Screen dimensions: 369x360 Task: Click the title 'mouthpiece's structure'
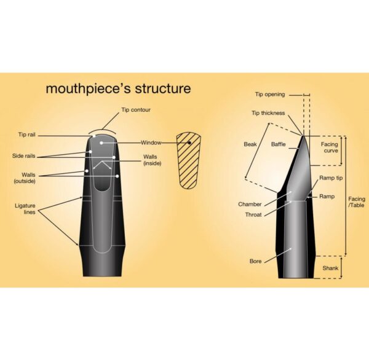118,88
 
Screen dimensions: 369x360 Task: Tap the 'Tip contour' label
136,110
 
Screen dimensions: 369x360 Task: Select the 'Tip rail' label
27,135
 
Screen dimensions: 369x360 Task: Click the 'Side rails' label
24,156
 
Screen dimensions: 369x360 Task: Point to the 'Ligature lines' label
25,209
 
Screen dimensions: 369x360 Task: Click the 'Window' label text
151,143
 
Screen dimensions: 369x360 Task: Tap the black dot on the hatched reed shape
189,143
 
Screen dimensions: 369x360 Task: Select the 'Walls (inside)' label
153,160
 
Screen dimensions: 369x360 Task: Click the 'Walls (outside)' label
25,178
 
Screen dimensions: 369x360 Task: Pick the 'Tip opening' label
270,95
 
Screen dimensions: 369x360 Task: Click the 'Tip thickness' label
268,113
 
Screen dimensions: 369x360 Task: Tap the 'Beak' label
250,144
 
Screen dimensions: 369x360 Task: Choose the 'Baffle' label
279,144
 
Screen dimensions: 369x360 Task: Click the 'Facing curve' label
330,147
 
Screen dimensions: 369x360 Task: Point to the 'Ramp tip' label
331,178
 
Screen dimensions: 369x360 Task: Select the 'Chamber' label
250,204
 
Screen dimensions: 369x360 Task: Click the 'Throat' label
253,214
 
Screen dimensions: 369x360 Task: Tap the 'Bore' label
256,261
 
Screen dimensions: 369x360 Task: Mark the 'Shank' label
330,268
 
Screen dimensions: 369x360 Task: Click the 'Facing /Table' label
357,202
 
